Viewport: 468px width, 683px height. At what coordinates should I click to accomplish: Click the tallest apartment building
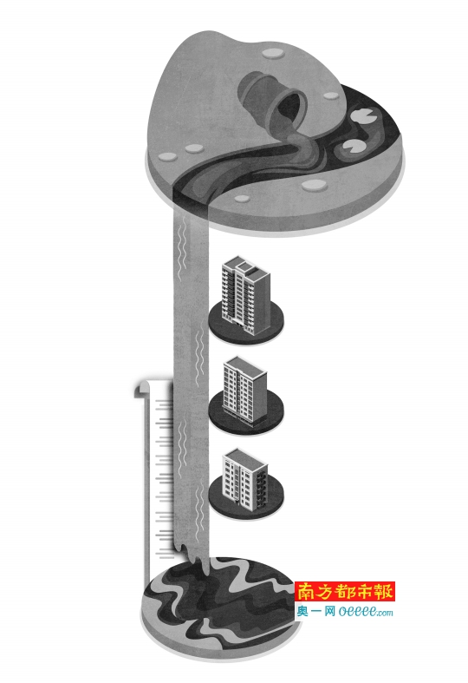coord(246,295)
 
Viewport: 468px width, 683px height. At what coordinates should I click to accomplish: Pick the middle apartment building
coord(244,390)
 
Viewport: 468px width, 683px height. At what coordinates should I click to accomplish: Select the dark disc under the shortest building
coord(246,499)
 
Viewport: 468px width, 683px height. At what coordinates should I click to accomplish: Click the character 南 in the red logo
coord(308,592)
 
